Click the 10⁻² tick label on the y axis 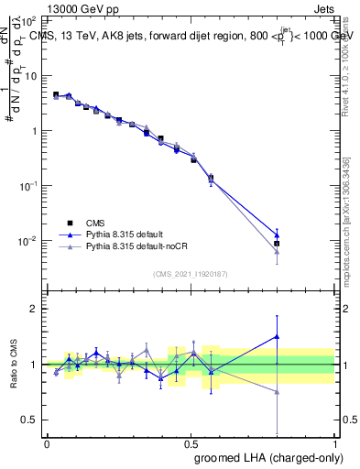29,241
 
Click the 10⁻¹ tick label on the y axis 29,185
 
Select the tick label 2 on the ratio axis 35,309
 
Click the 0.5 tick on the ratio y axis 31,420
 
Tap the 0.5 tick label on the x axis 190,443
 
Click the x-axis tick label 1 333,443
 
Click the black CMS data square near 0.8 276,244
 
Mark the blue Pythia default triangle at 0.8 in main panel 276,234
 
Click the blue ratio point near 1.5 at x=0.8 276,336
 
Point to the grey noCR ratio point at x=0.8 276,391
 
